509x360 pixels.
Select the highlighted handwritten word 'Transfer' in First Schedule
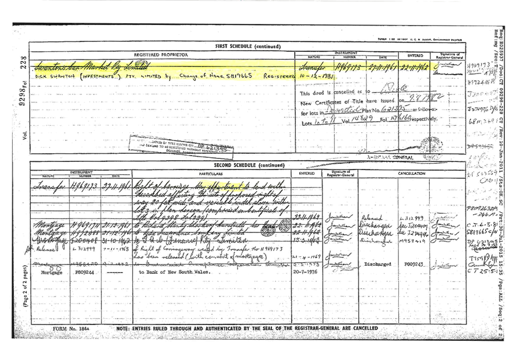pyautogui.click(x=310, y=68)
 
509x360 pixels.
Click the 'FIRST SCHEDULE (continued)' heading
pyautogui.click(x=248, y=45)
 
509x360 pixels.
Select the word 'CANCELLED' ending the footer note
pyautogui.click(x=363, y=329)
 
